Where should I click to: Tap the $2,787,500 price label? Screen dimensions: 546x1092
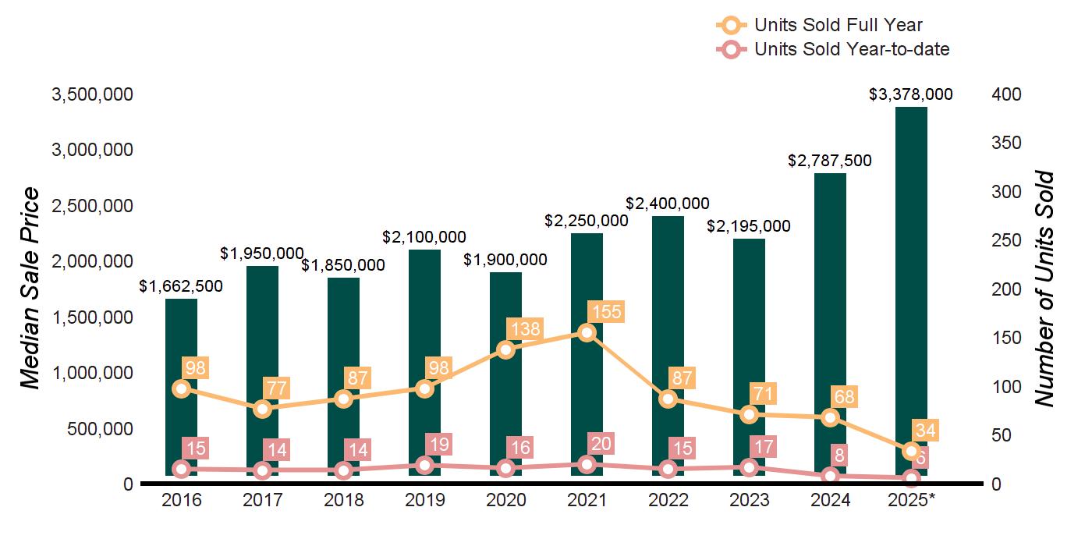point(830,161)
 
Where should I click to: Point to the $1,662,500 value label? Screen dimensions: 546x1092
point(181,286)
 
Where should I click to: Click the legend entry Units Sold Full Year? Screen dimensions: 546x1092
point(838,25)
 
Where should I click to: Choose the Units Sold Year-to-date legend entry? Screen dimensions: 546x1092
point(851,49)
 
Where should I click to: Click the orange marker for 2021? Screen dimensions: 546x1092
point(587,333)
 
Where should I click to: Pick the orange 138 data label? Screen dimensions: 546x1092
point(524,329)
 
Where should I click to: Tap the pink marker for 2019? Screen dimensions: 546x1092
point(424,466)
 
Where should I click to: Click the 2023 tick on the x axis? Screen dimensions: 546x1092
point(749,500)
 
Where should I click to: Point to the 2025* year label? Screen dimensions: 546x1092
point(911,500)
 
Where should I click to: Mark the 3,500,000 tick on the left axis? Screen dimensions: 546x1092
point(92,94)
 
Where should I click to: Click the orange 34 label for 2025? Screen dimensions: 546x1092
point(927,431)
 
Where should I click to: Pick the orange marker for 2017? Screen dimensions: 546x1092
point(262,409)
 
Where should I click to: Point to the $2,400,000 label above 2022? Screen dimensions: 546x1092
point(668,204)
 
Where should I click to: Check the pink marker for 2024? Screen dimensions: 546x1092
point(830,476)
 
